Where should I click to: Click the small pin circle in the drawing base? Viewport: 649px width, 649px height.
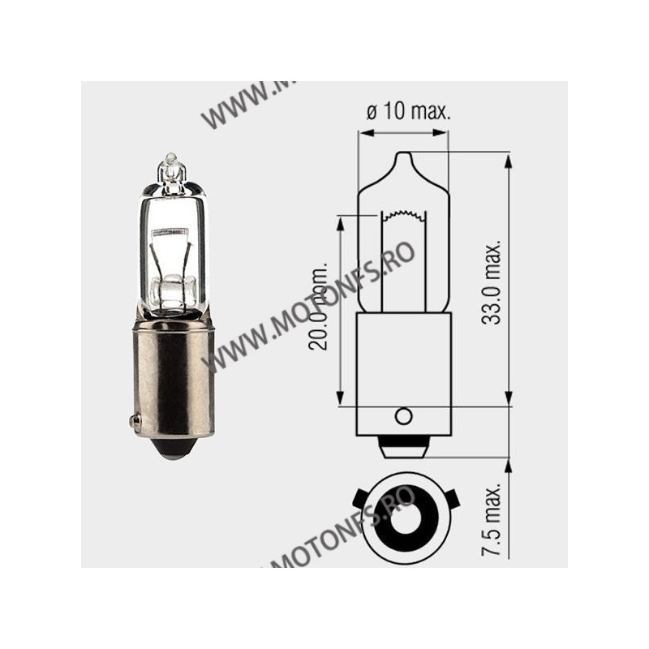tap(403, 416)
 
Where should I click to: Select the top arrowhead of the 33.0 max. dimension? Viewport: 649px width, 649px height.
tap(508, 156)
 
